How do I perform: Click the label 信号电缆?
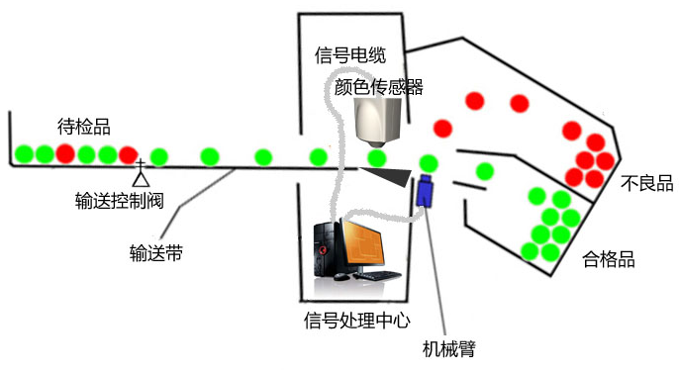pyautogui.click(x=350, y=55)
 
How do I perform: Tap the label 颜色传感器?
pyautogui.click(x=378, y=87)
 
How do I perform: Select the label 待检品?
pyautogui.click(x=84, y=127)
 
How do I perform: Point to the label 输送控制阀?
pyautogui.click(x=120, y=201)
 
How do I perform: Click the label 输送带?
pyautogui.click(x=156, y=253)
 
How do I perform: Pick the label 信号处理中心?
pyautogui.click(x=356, y=321)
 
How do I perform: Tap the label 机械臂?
pyautogui.click(x=449, y=348)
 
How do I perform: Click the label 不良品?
pyautogui.click(x=647, y=183)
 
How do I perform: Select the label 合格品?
pyautogui.click(x=609, y=259)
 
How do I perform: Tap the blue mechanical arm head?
pyautogui.click(x=425, y=191)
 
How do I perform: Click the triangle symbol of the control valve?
pyautogui.click(x=142, y=178)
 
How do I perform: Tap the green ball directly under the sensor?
pyautogui.click(x=377, y=158)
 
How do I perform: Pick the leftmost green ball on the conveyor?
pyautogui.click(x=24, y=154)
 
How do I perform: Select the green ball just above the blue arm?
pyautogui.click(x=429, y=163)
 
